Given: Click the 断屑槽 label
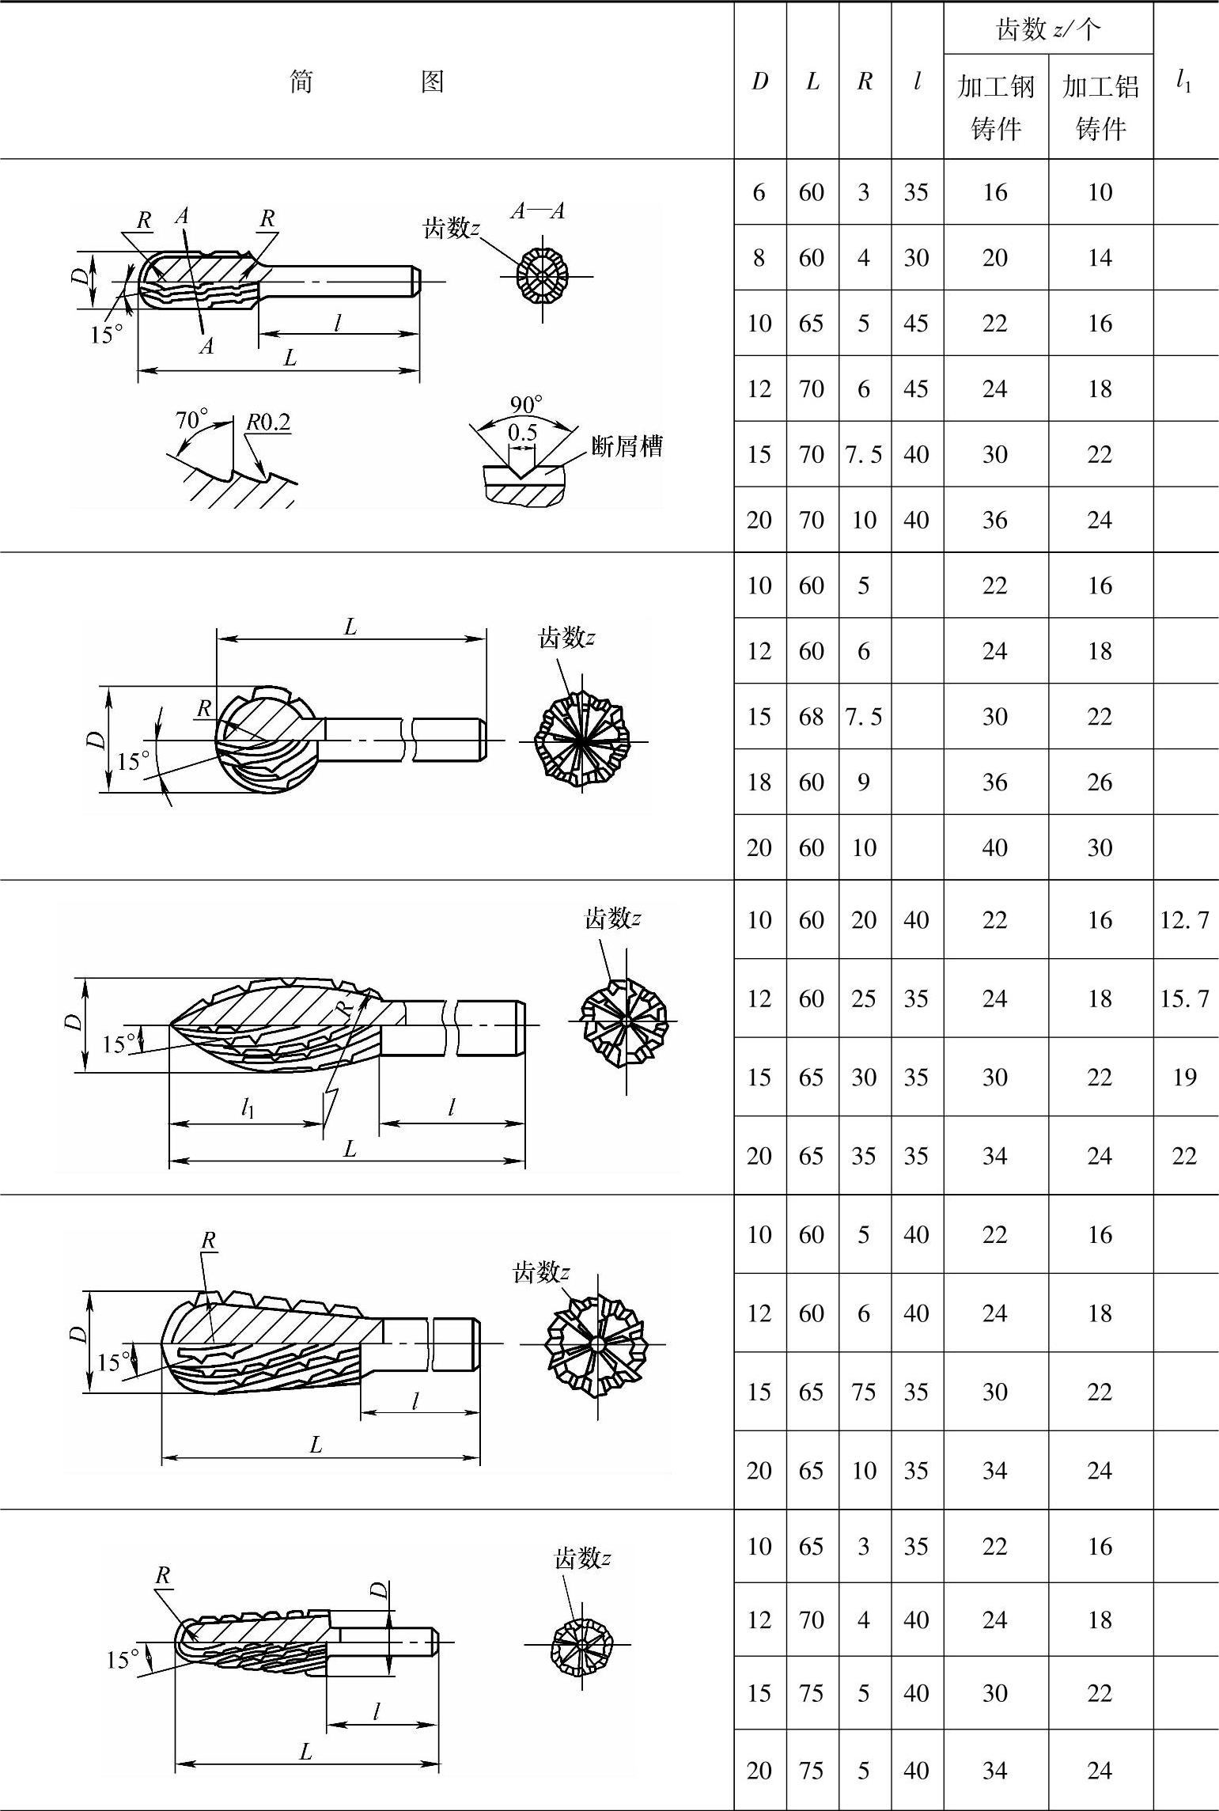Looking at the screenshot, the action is coord(627,447).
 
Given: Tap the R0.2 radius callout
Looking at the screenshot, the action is coord(268,422).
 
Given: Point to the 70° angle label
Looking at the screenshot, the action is coord(191,419).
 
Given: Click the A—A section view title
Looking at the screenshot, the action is coord(538,210).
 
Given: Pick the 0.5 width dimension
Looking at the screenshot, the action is coord(522,432).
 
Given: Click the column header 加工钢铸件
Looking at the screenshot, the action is coord(996,107).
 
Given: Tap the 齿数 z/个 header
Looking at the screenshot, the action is coord(1048,29).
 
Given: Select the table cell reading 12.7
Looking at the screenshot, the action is coord(1184,919).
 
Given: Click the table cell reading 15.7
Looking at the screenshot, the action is coord(1184,998).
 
